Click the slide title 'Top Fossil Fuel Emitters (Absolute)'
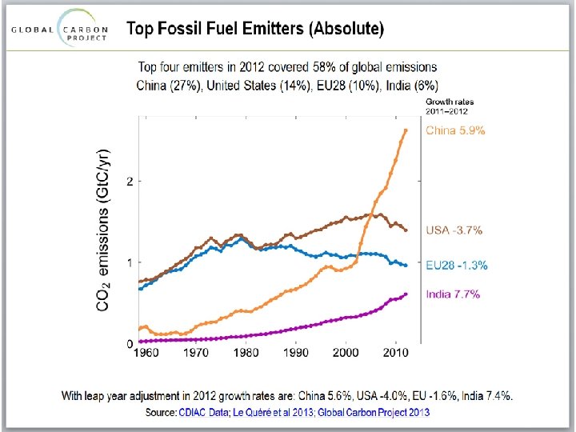click(x=255, y=30)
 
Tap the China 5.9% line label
click(x=455, y=130)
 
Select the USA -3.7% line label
click(x=454, y=230)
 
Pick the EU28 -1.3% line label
click(x=456, y=265)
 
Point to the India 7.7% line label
click(x=453, y=294)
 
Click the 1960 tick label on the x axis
click(x=146, y=353)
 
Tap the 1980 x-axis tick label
click(x=246, y=353)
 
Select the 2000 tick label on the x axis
click(x=346, y=353)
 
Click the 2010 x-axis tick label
click(x=395, y=353)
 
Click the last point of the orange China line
click(x=406, y=130)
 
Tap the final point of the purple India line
click(x=406, y=294)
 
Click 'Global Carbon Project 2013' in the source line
click(x=374, y=412)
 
